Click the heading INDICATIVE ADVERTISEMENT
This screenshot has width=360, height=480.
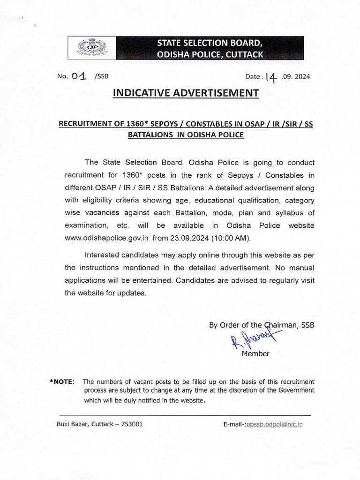coord(186,93)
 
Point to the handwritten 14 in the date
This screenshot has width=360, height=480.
coord(271,77)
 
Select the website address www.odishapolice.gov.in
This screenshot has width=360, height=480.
coord(106,238)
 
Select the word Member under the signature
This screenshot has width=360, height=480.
coord(255,354)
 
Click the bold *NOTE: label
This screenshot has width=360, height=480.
coord(61,382)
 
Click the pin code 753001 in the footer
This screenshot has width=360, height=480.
coord(132,424)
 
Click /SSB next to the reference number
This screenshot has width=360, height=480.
coord(101,77)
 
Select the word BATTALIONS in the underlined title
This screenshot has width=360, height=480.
coord(148,135)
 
